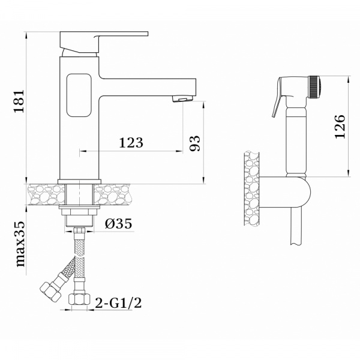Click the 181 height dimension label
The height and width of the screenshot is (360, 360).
19,101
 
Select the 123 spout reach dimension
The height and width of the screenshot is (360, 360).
131,143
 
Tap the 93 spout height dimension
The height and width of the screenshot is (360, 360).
194,143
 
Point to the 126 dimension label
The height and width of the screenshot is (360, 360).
340,126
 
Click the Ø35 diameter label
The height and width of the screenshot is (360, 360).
118,223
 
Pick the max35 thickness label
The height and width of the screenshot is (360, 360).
20,244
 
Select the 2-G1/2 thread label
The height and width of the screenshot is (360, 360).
118,303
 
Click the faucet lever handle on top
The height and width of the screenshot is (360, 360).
104,42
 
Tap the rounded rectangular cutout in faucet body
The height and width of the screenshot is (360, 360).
79,95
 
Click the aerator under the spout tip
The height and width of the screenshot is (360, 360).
183,99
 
